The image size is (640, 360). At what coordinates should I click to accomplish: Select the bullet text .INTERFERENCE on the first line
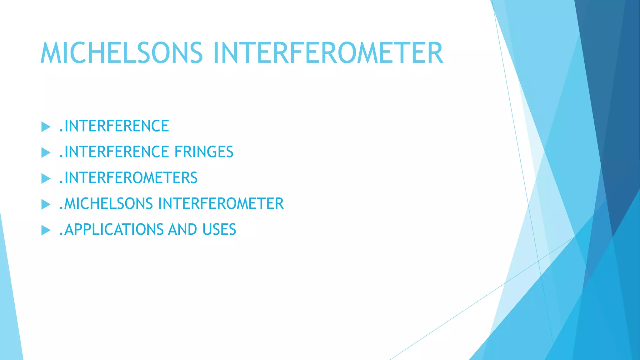pos(114,126)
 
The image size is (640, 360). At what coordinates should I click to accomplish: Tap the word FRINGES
pos(204,152)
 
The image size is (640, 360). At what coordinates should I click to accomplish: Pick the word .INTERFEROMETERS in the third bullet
pos(128,178)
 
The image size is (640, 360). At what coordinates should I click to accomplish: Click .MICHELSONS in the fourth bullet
pos(106,204)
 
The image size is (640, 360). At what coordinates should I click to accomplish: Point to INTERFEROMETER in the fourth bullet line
pos(221,204)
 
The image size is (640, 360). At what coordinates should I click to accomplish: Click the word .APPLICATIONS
pos(111,230)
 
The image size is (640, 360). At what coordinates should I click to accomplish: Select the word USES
pos(219,230)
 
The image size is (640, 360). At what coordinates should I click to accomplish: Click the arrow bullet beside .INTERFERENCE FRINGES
pos(46,153)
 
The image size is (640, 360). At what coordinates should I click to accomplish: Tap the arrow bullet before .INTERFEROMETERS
pos(46,179)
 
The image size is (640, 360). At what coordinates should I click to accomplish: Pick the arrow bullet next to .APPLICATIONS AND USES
pos(46,231)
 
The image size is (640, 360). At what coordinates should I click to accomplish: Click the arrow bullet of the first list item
pos(46,127)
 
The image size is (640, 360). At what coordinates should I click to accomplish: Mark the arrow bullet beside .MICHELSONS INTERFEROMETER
pos(46,205)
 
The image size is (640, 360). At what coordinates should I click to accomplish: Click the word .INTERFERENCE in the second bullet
pos(114,152)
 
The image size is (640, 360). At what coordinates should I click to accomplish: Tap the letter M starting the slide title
pos(51,53)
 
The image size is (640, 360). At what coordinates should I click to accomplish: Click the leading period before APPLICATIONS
pos(61,235)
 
